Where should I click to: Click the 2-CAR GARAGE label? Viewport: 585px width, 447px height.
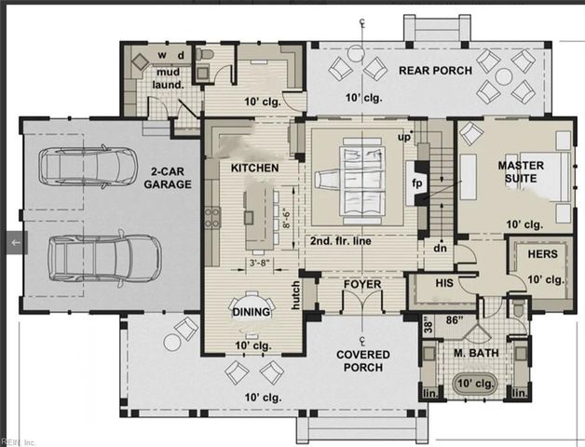[169, 177]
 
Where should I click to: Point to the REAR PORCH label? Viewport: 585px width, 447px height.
[435, 71]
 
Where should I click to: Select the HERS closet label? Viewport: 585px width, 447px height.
[543, 254]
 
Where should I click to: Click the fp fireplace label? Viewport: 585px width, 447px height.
[417, 183]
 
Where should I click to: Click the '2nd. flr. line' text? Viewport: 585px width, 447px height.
[346, 240]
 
